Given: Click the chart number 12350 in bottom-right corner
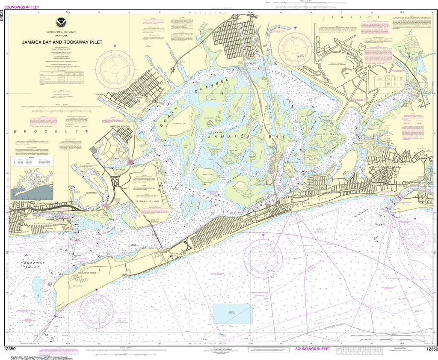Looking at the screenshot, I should pyautogui.click(x=432, y=350).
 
